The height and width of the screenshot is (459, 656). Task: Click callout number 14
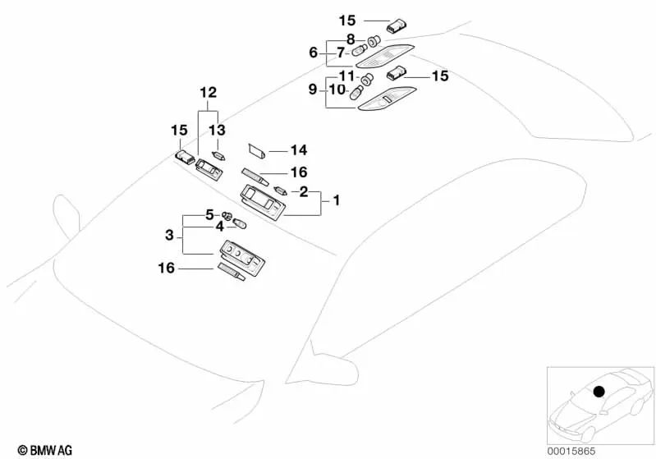(297, 150)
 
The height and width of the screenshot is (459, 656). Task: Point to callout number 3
(169, 235)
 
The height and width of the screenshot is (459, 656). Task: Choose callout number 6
(313, 52)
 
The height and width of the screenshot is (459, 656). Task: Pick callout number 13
(216, 130)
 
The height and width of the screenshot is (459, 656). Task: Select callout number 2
(303, 191)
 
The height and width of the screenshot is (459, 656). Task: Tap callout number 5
(209, 215)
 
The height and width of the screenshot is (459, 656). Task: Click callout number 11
(348, 76)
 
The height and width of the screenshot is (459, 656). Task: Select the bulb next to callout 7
(358, 53)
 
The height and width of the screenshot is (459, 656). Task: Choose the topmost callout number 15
(348, 20)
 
